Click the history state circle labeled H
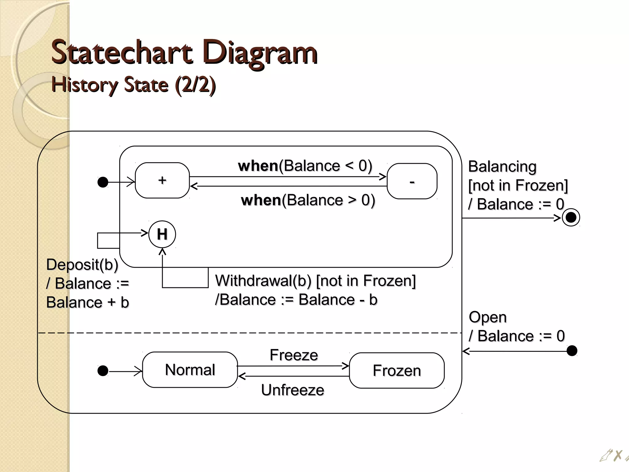[162, 234]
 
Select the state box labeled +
[162, 180]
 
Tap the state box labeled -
[412, 181]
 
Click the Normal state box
[190, 370]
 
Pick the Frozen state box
[397, 371]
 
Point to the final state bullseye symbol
[571, 218]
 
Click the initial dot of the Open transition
[572, 351]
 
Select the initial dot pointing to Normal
[103, 371]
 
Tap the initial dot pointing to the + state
[103, 182]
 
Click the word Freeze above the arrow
[294, 355]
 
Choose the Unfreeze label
[292, 390]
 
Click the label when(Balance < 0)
[305, 166]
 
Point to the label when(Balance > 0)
[308, 200]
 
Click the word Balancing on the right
[502, 167]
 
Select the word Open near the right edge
[487, 317]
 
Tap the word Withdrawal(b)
[263, 281]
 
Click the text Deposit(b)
[82, 265]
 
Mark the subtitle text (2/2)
[195, 85]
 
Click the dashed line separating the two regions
[246, 333]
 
